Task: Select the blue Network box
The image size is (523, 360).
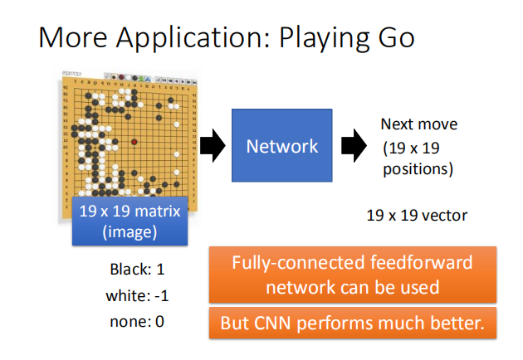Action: pyautogui.click(x=282, y=146)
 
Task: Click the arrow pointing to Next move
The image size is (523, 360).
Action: pyautogui.click(x=354, y=146)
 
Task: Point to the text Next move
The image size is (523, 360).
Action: pyautogui.click(x=419, y=124)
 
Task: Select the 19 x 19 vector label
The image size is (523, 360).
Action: pyautogui.click(x=417, y=216)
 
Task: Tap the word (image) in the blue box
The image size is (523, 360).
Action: pyautogui.click(x=130, y=232)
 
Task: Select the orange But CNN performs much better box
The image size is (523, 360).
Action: pyautogui.click(x=352, y=324)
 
